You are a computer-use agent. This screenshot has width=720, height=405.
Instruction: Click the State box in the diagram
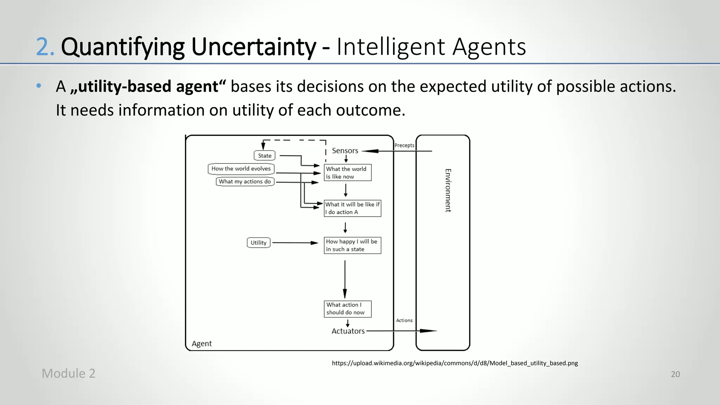[264, 155]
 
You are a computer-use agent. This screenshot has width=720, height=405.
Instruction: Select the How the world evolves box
[241, 169]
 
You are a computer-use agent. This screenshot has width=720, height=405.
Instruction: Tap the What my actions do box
[245, 182]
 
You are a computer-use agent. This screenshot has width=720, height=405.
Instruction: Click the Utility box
[258, 243]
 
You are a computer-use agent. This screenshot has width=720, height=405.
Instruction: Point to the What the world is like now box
[347, 173]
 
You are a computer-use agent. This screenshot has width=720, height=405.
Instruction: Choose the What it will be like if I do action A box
[352, 208]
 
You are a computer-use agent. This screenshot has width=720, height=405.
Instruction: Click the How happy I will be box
[352, 245]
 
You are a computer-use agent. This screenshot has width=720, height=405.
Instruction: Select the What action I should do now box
[347, 309]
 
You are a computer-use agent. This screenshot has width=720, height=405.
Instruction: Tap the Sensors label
[345, 151]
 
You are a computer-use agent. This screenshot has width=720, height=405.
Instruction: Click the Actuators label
[348, 331]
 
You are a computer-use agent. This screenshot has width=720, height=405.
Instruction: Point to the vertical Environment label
[448, 190]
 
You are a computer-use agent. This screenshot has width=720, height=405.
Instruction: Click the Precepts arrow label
[404, 146]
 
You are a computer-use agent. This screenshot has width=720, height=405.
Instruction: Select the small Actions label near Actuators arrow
[404, 320]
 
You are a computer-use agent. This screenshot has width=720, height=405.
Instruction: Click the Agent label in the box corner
[202, 343]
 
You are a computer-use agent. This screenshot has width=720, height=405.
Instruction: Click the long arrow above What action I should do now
[345, 279]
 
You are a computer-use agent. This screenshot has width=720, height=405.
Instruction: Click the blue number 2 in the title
[45, 47]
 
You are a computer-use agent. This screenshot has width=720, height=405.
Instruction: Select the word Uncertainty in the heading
[253, 47]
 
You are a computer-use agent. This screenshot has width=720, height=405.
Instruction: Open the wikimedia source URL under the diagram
[455, 363]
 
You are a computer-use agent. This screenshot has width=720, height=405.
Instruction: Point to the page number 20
[675, 374]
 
